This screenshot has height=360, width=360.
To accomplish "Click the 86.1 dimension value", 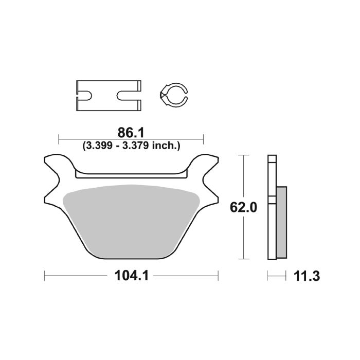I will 131,133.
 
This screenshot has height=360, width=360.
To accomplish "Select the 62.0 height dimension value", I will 244,207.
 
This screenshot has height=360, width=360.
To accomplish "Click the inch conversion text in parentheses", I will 131,146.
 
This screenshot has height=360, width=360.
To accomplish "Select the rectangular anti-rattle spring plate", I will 108,95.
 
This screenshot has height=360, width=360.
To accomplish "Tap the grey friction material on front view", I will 131,221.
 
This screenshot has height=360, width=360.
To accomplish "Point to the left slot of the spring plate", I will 85,95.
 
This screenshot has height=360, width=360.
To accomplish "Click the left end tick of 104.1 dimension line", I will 45,276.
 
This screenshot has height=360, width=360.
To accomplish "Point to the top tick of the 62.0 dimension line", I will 244,155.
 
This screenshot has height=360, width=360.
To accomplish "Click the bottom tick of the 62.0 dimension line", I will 244,259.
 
